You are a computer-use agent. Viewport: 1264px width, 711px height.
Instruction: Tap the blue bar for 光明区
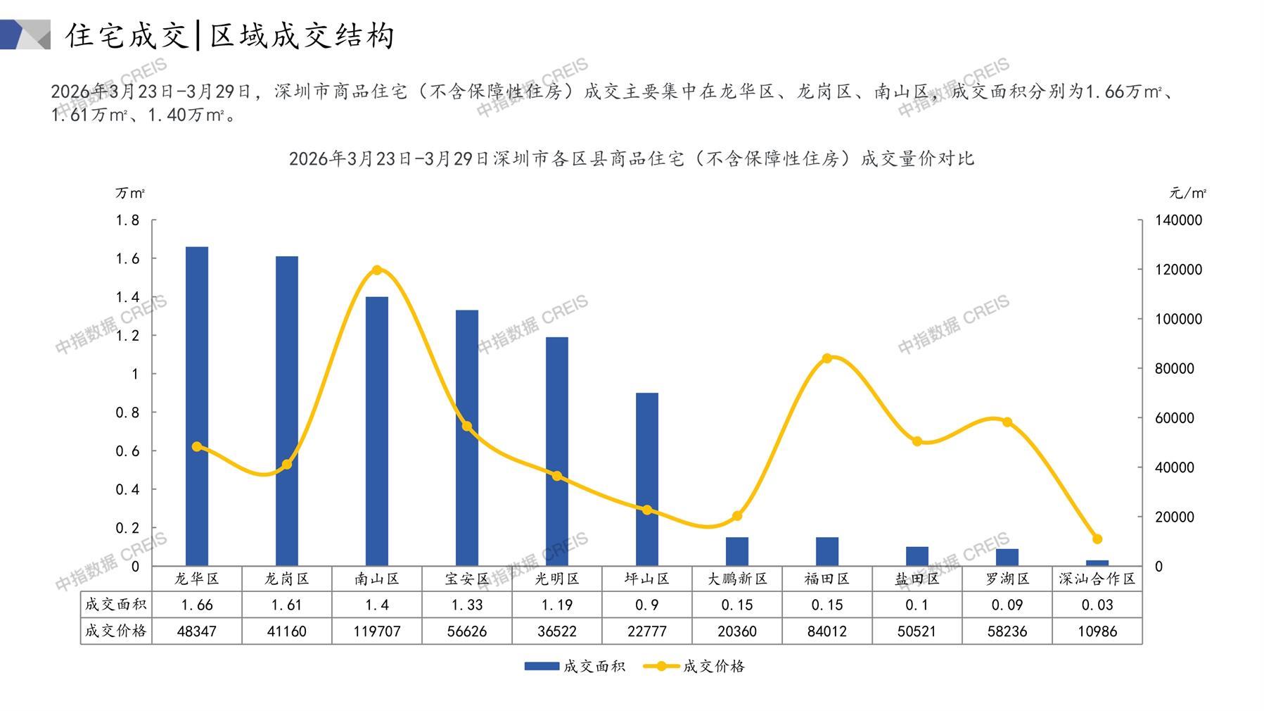(556, 451)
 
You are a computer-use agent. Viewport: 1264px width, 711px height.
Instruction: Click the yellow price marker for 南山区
(377, 270)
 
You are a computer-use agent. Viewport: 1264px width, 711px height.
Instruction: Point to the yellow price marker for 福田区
(827, 358)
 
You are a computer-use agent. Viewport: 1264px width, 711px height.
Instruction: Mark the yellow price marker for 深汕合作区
(1097, 539)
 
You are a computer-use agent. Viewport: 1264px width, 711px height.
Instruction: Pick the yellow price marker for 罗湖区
(1007, 422)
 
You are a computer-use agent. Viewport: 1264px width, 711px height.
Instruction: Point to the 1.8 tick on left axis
(127, 220)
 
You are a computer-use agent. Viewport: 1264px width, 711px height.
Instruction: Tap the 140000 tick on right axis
(1178, 220)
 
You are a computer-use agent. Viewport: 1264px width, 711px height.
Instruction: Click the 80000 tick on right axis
(1175, 368)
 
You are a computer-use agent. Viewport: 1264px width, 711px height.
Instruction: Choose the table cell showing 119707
(377, 631)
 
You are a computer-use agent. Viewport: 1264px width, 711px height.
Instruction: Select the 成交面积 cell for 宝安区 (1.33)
(467, 605)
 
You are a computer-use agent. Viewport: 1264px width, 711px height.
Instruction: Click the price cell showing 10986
(1097, 631)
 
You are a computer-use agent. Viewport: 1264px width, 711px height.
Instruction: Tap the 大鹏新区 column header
(737, 579)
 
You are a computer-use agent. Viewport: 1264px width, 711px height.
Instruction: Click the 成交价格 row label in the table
(116, 631)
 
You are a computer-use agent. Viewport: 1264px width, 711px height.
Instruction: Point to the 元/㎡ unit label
(1188, 193)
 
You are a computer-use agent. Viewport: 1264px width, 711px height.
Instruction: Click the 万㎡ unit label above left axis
(130, 193)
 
